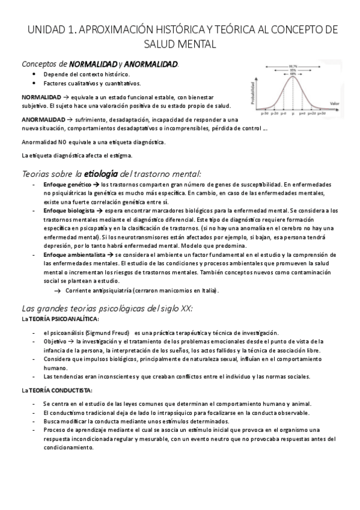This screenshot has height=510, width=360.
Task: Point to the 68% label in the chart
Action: [293, 75]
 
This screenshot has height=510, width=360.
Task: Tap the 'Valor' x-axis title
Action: [334, 103]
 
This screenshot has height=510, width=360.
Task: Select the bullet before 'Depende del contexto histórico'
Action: [37, 73]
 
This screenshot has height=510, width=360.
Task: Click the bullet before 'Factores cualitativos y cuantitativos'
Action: [37, 83]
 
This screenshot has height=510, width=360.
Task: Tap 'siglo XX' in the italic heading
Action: [174, 308]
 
